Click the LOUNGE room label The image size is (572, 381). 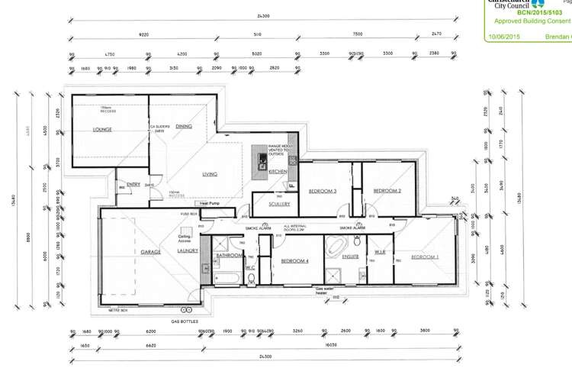point(101,130)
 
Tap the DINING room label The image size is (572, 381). point(184,126)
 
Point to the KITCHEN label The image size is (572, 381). point(277,173)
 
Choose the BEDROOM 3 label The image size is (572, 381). point(323,191)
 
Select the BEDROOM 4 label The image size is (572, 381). point(294,261)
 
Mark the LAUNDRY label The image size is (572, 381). point(187,250)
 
